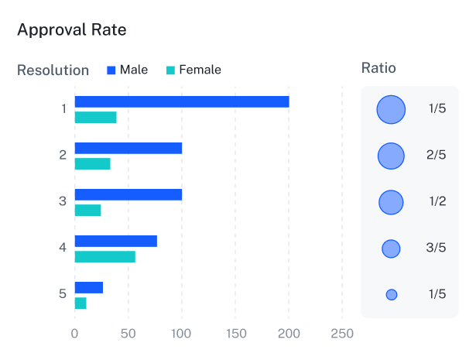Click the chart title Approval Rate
point(72,30)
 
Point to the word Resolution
point(53,70)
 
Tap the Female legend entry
point(193,70)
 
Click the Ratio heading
point(378,68)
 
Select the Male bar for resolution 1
point(182,101)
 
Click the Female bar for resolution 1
point(95,117)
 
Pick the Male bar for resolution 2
point(128,148)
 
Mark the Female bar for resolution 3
point(87,210)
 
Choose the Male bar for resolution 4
point(116,241)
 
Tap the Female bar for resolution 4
point(105,256)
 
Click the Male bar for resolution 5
point(89,287)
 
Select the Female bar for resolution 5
point(80,303)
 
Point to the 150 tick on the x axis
point(235,334)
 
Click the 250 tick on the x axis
point(342,334)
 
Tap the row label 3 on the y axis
point(63,201)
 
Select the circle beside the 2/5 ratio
point(391,156)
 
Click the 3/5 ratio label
point(437,248)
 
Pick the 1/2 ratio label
point(437,201)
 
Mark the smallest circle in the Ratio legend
point(392,294)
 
